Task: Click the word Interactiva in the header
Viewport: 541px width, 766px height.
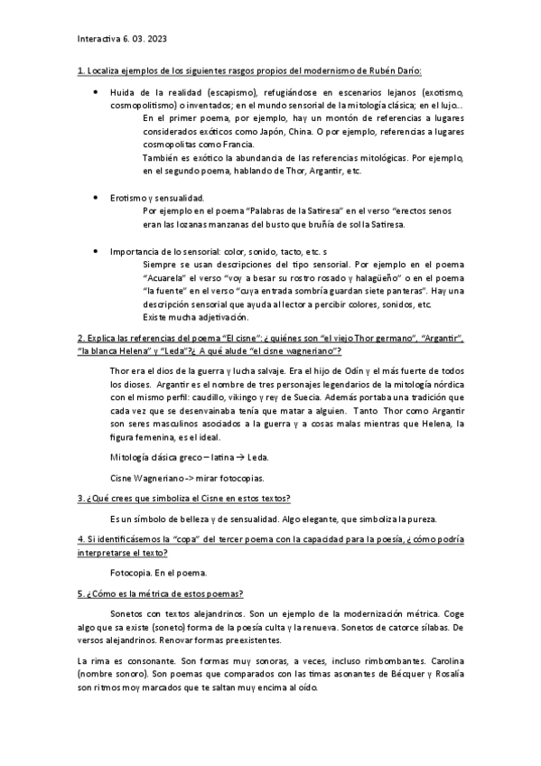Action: [98, 39]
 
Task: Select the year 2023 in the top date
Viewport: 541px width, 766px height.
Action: [155, 39]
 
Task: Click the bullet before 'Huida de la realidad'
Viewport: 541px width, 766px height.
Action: [96, 92]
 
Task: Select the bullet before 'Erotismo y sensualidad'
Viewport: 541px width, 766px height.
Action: [96, 197]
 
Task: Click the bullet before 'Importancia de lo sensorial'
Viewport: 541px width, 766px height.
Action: [96, 250]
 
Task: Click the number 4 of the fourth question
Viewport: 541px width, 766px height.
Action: [79, 539]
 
